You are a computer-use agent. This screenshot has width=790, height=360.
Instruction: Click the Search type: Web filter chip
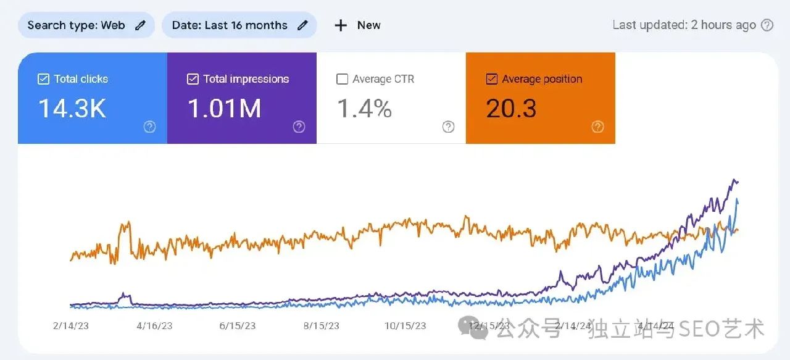tap(86, 25)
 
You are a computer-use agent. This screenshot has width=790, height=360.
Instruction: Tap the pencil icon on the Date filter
tap(302, 25)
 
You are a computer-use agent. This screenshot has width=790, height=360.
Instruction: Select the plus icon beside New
tap(341, 25)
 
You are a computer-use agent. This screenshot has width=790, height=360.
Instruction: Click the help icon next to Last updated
tap(767, 25)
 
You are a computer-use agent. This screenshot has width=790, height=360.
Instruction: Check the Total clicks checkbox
tap(43, 79)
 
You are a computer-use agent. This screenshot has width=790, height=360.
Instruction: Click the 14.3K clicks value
tap(72, 109)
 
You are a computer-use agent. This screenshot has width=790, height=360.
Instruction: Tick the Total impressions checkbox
tap(193, 79)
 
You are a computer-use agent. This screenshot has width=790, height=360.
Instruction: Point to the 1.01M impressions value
tap(224, 109)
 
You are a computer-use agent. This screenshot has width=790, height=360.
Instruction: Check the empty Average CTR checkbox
tap(342, 79)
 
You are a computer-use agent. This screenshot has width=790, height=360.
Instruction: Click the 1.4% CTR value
tap(364, 109)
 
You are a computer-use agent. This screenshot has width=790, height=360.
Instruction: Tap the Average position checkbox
tap(492, 79)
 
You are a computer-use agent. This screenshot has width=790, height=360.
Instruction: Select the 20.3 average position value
tap(511, 109)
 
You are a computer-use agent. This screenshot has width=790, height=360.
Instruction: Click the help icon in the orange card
tap(597, 127)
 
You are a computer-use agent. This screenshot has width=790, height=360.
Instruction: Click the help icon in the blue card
tap(149, 127)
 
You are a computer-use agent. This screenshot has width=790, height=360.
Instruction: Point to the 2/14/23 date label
tap(71, 326)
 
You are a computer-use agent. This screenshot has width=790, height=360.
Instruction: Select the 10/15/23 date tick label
tap(405, 326)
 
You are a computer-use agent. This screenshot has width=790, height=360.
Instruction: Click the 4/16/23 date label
tap(154, 326)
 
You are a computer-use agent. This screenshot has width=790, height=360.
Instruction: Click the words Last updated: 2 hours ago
tap(684, 25)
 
